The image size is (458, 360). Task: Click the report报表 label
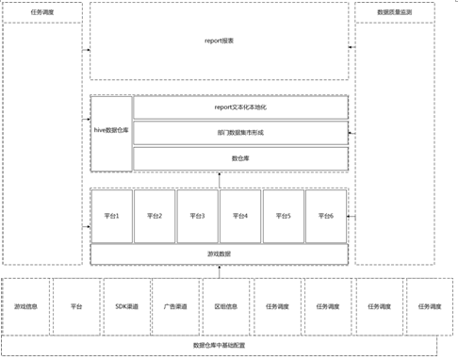[x=220, y=41]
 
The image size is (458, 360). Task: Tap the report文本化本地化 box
[x=240, y=107]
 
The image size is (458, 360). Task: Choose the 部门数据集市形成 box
[x=240, y=133]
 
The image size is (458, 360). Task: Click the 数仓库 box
[x=240, y=158]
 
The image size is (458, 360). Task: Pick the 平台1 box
[x=111, y=216]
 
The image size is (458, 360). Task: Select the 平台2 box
[x=155, y=216]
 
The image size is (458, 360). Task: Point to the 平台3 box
[x=197, y=216]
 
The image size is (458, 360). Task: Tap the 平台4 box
[x=240, y=216]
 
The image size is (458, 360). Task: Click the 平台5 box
[x=284, y=216]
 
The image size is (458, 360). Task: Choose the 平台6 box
[x=326, y=216]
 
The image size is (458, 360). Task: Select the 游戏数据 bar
[x=220, y=254]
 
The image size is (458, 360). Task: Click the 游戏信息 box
[x=26, y=306]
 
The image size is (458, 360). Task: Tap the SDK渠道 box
[x=126, y=306]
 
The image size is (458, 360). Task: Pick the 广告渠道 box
[x=176, y=306]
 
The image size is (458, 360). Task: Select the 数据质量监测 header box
[x=394, y=13]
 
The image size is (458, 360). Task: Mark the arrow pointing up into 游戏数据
[x=220, y=271]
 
